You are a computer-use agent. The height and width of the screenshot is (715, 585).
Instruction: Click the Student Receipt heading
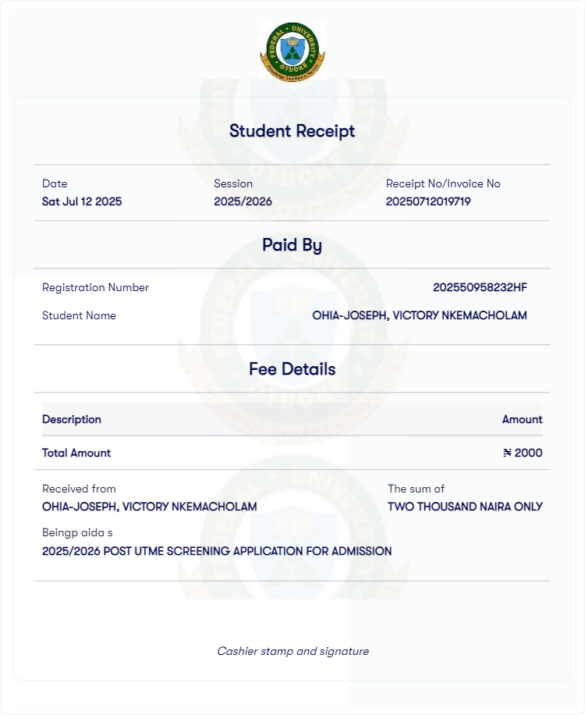tap(292, 131)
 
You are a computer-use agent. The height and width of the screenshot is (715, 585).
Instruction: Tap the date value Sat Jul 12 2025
tap(82, 201)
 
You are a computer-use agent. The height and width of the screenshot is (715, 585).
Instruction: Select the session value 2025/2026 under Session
tap(243, 201)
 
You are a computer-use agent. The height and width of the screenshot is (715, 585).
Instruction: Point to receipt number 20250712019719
tap(428, 201)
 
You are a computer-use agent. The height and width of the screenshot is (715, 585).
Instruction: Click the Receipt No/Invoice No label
tap(443, 183)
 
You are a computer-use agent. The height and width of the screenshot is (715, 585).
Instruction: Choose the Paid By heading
tap(292, 245)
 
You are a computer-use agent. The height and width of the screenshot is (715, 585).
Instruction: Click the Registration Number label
tap(95, 287)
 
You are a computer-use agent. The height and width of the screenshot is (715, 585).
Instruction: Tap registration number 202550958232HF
tap(480, 287)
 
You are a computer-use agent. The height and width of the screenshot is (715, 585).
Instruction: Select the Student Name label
tap(79, 315)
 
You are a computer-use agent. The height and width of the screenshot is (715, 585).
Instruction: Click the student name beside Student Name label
tap(420, 315)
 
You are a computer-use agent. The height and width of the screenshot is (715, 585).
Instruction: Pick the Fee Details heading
tap(292, 369)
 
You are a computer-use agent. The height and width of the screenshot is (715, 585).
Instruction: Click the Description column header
tap(72, 419)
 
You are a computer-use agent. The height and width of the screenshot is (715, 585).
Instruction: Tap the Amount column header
tap(522, 419)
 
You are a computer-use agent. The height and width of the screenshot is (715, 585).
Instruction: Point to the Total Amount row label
tap(76, 453)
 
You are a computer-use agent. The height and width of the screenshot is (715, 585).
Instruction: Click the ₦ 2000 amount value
tap(523, 453)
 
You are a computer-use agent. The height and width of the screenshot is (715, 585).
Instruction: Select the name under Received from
tap(150, 507)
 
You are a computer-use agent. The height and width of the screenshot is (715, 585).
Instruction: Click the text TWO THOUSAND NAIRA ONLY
tap(465, 507)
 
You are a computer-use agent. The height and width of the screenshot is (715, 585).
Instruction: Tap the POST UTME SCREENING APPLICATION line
tap(217, 551)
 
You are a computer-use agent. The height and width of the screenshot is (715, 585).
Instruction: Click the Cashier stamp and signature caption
tap(292, 651)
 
